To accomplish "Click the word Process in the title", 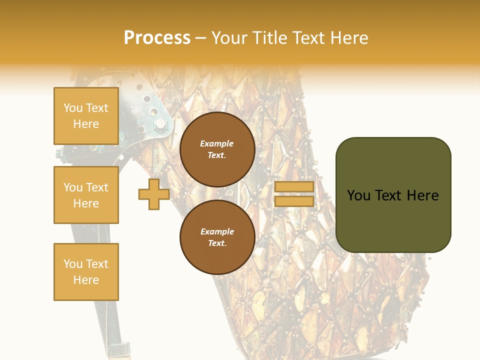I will click(x=157, y=38).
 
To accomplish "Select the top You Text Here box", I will click(x=86, y=116).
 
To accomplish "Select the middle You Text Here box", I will click(x=86, y=195).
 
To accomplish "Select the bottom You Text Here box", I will click(x=86, y=271).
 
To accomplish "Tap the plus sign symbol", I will click(x=154, y=194).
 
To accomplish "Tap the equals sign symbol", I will click(x=294, y=194).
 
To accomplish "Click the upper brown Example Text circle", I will click(x=217, y=149).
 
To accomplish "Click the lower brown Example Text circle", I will click(x=217, y=237).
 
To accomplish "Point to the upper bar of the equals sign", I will click(x=294, y=186).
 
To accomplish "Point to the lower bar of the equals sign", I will click(x=294, y=201).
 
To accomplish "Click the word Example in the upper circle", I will click(x=217, y=143).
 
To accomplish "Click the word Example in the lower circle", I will click(x=217, y=231).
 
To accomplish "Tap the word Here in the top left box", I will click(x=86, y=124).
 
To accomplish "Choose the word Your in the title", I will click(x=228, y=38).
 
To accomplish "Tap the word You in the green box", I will click(x=358, y=195).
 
